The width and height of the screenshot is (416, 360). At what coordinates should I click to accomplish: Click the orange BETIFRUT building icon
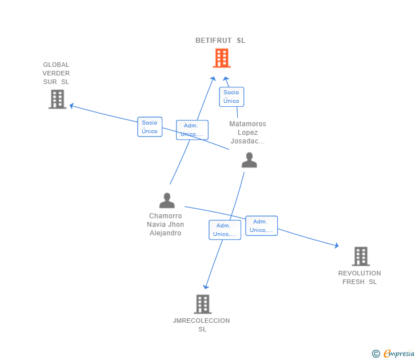click(x=222, y=58)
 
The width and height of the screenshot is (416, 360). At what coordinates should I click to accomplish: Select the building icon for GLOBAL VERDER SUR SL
click(x=57, y=99)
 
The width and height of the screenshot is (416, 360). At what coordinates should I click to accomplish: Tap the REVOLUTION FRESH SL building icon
click(x=361, y=256)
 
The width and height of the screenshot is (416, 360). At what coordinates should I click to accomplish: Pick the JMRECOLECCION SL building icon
click(x=203, y=304)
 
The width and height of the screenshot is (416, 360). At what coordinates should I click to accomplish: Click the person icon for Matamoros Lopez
click(x=249, y=159)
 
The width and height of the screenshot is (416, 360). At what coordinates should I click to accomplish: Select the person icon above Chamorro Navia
click(x=167, y=201)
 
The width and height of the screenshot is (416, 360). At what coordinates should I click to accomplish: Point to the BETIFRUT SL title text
click(x=220, y=41)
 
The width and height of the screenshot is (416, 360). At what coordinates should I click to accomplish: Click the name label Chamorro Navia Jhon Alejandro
click(x=165, y=225)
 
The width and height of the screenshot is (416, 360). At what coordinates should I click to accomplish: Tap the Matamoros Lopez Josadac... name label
click(x=247, y=133)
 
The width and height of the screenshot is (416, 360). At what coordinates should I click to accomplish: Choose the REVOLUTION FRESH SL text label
click(x=359, y=278)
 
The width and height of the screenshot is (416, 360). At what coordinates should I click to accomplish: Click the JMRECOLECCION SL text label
click(x=202, y=325)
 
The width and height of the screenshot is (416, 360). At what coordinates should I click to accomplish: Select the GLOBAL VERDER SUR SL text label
click(x=56, y=73)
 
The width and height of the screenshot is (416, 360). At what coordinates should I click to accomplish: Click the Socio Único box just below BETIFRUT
click(x=231, y=97)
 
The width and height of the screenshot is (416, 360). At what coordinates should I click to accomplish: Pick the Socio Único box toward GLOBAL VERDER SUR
click(x=150, y=127)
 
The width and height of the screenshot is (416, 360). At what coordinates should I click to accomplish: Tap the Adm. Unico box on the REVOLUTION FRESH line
click(x=261, y=226)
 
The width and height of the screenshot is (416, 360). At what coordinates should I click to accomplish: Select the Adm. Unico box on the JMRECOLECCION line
click(x=225, y=230)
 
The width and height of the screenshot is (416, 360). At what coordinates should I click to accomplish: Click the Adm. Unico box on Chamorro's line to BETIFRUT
click(x=192, y=130)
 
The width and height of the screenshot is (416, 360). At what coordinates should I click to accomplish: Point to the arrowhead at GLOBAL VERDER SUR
click(x=71, y=106)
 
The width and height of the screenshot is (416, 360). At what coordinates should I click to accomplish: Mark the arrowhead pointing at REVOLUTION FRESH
click(x=337, y=245)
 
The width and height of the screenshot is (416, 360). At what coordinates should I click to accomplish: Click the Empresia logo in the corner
click(x=393, y=353)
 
